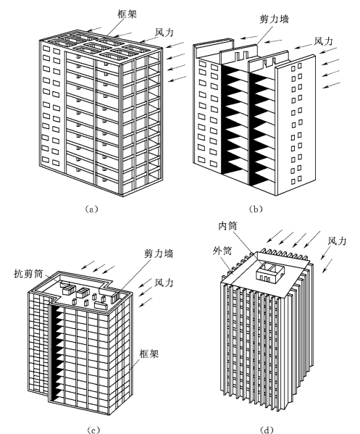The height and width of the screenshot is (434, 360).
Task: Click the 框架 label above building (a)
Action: (127, 14)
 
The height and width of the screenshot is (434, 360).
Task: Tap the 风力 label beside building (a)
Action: (164, 33)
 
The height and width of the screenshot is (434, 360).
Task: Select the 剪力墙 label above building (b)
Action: (275, 19)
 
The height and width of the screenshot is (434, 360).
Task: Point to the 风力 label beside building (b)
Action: (323, 41)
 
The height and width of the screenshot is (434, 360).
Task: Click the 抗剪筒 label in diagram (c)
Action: (28, 274)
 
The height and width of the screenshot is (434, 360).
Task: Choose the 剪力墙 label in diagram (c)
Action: (159, 254)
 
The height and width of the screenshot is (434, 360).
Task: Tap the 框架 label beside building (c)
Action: (149, 354)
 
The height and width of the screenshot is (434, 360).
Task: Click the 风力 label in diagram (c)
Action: (164, 283)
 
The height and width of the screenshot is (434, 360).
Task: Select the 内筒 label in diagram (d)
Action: (227, 226)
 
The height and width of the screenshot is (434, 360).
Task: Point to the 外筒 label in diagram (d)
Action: (222, 251)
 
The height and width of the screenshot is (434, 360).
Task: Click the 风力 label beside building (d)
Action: (337, 241)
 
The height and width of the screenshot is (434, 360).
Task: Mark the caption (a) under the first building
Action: (91, 209)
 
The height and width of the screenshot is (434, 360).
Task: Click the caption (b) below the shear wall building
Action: (256, 209)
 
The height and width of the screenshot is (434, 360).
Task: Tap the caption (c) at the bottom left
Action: (93, 430)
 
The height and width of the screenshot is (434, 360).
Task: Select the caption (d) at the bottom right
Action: (267, 430)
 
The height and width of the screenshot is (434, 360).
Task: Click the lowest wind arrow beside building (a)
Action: (177, 78)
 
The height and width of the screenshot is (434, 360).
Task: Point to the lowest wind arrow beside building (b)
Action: (332, 85)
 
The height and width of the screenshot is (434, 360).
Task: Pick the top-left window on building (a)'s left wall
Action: (46, 49)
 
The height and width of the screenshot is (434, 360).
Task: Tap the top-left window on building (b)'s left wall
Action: (203, 64)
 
